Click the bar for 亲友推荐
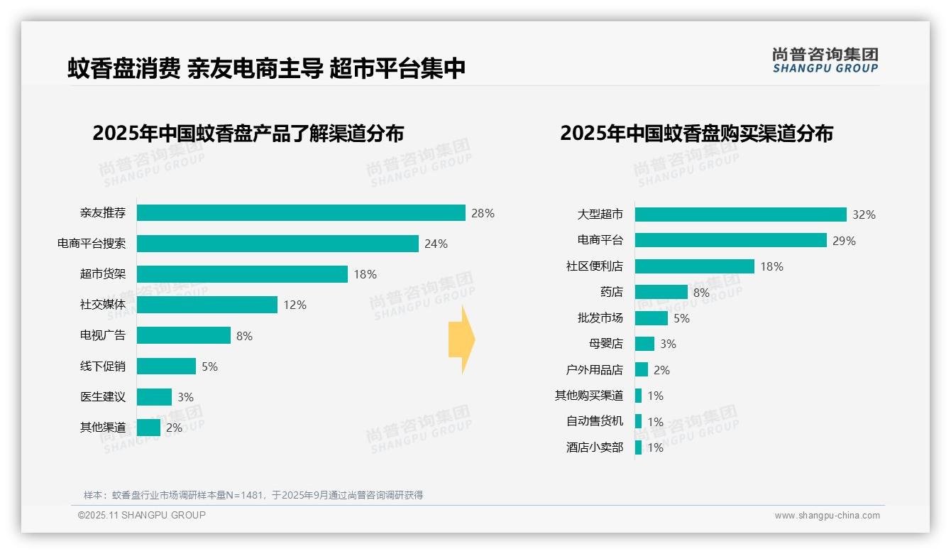click(301, 213)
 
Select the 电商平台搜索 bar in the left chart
click(277, 244)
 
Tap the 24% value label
click(436, 244)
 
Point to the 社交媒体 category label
click(103, 305)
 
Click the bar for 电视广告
click(184, 335)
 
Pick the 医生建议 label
click(103, 397)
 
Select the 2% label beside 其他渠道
click(174, 428)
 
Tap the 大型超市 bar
click(740, 214)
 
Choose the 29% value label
click(844, 241)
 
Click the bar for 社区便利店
click(694, 266)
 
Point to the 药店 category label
click(611, 292)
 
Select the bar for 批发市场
click(651, 318)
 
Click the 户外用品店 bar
click(641, 370)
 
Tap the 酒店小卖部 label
click(595, 447)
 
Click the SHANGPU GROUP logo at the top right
click(825, 60)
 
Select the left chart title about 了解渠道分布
click(248, 134)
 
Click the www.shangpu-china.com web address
click(827, 516)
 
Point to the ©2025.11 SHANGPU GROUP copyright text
click(142, 515)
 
